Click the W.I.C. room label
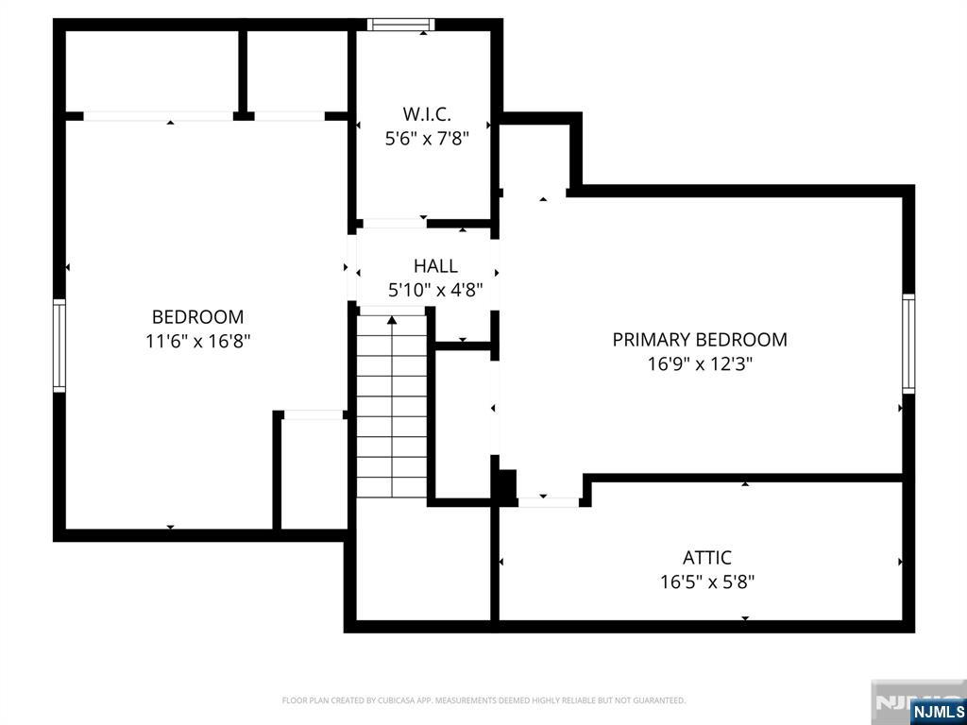coord(427,114)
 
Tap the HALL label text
coord(435,265)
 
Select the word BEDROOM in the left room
coord(197,317)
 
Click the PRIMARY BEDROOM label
coord(700,340)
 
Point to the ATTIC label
coord(706,557)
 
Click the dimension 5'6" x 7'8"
coord(427,138)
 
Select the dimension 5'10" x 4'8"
coord(434,290)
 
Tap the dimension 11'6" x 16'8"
coord(197,341)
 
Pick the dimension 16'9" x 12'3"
coord(700,363)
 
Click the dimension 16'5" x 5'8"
coord(707,582)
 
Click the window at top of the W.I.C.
coord(400,25)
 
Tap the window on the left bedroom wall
coord(59,346)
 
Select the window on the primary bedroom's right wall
coord(908,344)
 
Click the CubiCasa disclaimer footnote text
coord(483,700)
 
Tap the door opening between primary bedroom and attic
coord(549,502)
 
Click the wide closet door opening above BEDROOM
coord(159,116)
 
